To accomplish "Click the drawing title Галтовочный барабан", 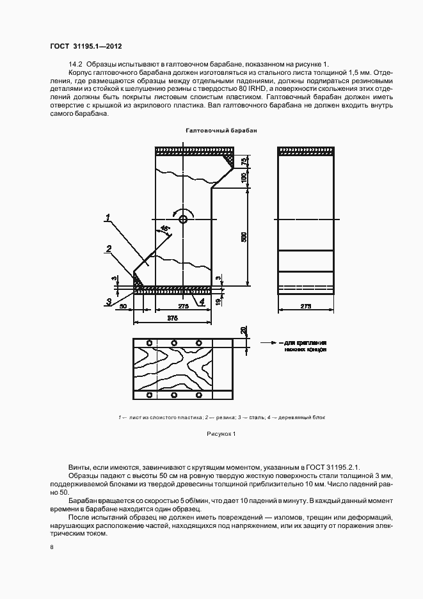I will [x=221, y=130].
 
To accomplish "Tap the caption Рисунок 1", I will [x=221, y=434].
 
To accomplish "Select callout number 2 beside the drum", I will [x=109, y=248].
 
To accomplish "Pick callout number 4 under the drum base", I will [x=202, y=300].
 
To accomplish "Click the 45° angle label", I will [x=165, y=228].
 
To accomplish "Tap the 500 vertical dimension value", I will [x=244, y=236].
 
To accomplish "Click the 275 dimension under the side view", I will [x=306, y=307].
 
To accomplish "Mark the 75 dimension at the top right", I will [x=244, y=162].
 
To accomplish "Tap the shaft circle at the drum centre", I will [x=184, y=219].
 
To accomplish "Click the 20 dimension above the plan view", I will [x=244, y=330].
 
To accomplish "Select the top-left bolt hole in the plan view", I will [x=148, y=342].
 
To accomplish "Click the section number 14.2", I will [x=76, y=64].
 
